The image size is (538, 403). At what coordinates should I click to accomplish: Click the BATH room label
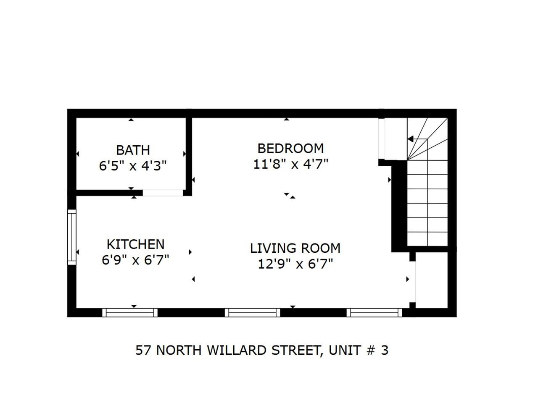[x=133, y=150]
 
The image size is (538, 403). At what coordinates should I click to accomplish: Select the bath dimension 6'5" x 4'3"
[x=133, y=166]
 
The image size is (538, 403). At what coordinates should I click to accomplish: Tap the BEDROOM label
[x=290, y=148]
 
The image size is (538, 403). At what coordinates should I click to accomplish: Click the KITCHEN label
[x=135, y=244]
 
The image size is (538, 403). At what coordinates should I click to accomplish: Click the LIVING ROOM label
[x=295, y=248]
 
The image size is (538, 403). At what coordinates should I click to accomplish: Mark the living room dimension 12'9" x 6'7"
[x=295, y=264]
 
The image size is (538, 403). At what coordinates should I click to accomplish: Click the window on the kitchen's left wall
[x=72, y=237]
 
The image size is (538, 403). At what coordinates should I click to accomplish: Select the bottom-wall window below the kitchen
[x=130, y=312]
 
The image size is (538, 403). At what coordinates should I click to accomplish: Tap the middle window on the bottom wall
[x=252, y=312]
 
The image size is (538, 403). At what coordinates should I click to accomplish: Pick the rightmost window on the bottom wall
[x=374, y=312]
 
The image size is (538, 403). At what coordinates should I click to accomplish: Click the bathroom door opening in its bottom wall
[x=163, y=193]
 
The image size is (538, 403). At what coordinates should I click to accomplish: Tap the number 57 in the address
[x=143, y=350]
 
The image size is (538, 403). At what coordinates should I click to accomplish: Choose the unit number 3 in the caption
[x=384, y=350]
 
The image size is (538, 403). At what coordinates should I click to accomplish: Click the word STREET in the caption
[x=296, y=350]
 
